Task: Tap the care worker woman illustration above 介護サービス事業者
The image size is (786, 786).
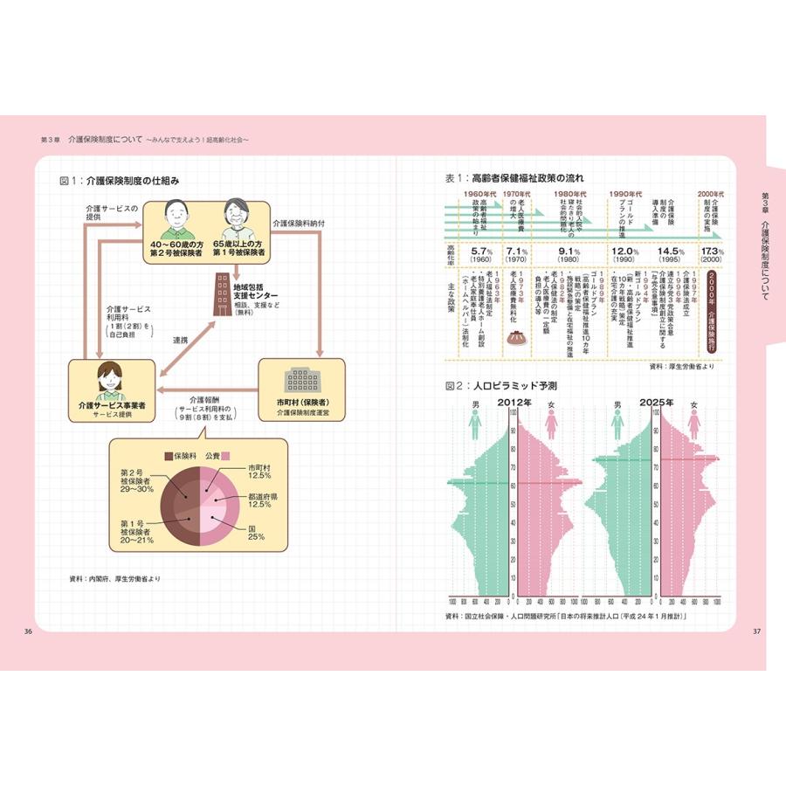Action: click(112, 379)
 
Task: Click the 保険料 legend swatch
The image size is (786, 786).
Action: click(169, 456)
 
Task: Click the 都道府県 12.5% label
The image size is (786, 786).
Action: click(262, 500)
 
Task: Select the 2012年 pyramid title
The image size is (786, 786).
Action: click(515, 403)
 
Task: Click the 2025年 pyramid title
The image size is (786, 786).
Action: click(655, 403)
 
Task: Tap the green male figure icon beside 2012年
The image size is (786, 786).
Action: click(475, 422)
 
